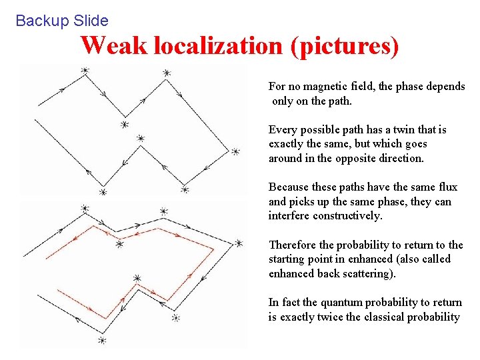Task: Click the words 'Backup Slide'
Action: pyautogui.click(x=61, y=21)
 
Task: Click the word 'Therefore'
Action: pyautogui.click(x=292, y=245)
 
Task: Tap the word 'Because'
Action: pyautogui.click(x=289, y=187)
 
